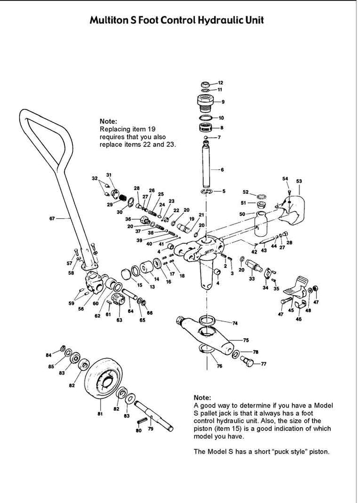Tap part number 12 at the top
[x=220, y=83]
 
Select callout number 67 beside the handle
[x=52, y=218]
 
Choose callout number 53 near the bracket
[x=299, y=181]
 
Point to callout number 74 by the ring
[x=235, y=323]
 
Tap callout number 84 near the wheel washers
[x=48, y=355]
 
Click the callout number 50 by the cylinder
[x=242, y=214]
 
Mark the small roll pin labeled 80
[x=141, y=421]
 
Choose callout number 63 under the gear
[x=119, y=320]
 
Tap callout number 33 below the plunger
[x=252, y=278]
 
